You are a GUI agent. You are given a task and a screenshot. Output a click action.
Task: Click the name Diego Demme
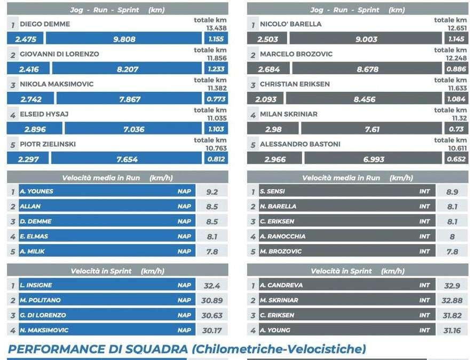45,24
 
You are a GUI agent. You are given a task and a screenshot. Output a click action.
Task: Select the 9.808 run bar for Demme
124,38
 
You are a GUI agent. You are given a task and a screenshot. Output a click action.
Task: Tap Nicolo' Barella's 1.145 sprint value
456,38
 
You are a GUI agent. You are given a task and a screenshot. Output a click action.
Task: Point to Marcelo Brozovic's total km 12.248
456,58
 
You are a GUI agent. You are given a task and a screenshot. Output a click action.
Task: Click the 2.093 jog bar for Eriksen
265,99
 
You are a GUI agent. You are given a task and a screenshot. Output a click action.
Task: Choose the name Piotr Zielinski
48,144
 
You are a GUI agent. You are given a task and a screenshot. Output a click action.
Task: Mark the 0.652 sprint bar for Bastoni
456,159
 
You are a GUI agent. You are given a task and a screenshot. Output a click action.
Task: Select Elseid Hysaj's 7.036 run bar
133,129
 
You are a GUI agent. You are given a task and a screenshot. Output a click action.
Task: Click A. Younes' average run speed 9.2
212,192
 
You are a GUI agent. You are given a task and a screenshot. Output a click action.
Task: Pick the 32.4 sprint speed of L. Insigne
212,286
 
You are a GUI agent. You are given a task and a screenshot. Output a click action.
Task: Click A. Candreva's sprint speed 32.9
452,286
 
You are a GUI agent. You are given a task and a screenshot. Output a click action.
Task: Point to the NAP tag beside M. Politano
184,300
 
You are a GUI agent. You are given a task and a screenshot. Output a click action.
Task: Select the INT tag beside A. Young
424,330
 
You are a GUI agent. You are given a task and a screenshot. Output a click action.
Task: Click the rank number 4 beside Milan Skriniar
253,115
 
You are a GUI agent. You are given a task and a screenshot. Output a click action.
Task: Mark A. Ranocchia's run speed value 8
452,237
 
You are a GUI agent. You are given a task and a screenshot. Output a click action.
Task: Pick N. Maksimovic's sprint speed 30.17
212,331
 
